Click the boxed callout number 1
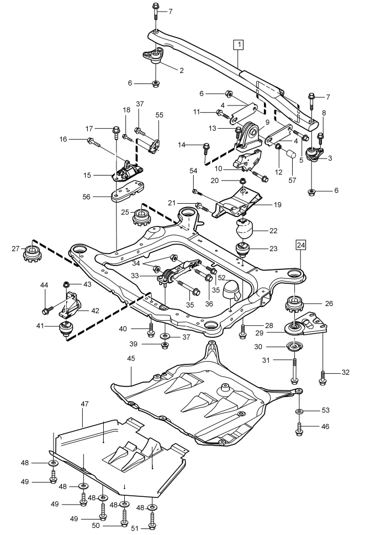click(239, 44)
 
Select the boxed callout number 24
click(301, 245)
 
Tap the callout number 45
click(131, 358)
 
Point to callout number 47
click(84, 404)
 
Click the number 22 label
click(273, 231)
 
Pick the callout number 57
click(292, 180)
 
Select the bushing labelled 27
click(31, 253)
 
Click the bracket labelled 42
click(71, 304)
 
